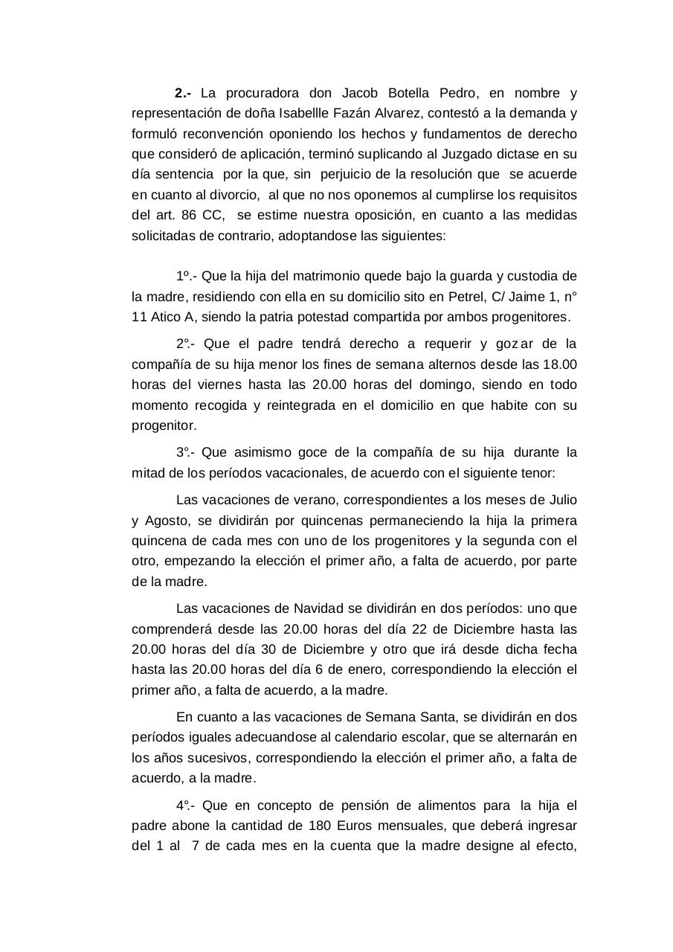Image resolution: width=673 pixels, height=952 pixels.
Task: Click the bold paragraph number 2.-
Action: pyautogui.click(x=183, y=94)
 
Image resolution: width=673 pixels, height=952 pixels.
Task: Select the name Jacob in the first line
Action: pyautogui.click(x=359, y=94)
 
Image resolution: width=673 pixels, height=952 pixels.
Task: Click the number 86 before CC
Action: pyautogui.click(x=189, y=216)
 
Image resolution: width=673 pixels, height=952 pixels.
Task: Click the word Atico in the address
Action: pyautogui.click(x=165, y=317)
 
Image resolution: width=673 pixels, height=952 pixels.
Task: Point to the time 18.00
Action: pyautogui.click(x=559, y=364)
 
